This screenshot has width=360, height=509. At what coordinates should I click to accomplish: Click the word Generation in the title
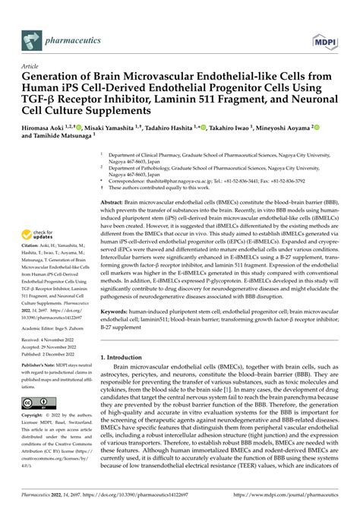coord(47,76)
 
